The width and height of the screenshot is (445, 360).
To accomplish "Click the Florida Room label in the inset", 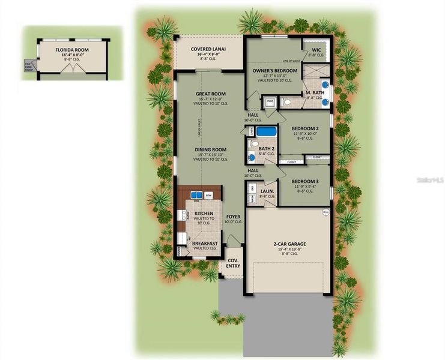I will pos(69,50).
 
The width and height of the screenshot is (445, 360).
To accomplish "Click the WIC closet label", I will pos(316,50).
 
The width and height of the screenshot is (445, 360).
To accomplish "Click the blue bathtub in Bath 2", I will pos(265,131).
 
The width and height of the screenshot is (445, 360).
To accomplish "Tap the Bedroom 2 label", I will pos(305,128).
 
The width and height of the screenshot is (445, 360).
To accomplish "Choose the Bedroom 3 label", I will pos(305,182).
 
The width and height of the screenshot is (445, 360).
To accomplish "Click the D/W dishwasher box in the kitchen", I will pos(209,196).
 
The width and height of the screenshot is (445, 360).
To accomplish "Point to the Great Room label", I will pos(210,94).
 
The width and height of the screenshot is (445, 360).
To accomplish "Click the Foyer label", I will pos(233,217).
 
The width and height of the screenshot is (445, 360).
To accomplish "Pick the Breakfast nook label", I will pos(205,243).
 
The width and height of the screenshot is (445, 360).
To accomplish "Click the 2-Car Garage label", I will pos(289,244).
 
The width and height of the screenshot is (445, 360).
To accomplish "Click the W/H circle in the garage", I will pos(325,211).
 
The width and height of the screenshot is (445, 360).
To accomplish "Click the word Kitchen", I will pos(204,213).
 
